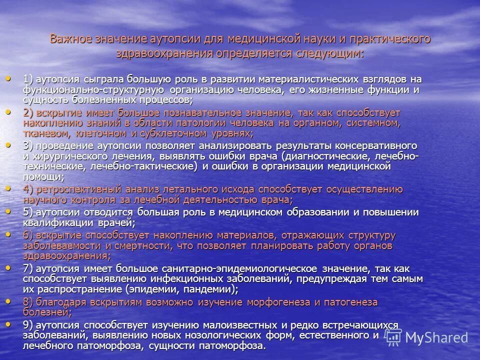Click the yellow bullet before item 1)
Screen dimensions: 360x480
pos(8,78)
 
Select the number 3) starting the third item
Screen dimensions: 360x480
pos(28,145)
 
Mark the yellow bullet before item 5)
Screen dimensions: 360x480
pos(8,211)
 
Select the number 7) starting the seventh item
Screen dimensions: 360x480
pos(28,268)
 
